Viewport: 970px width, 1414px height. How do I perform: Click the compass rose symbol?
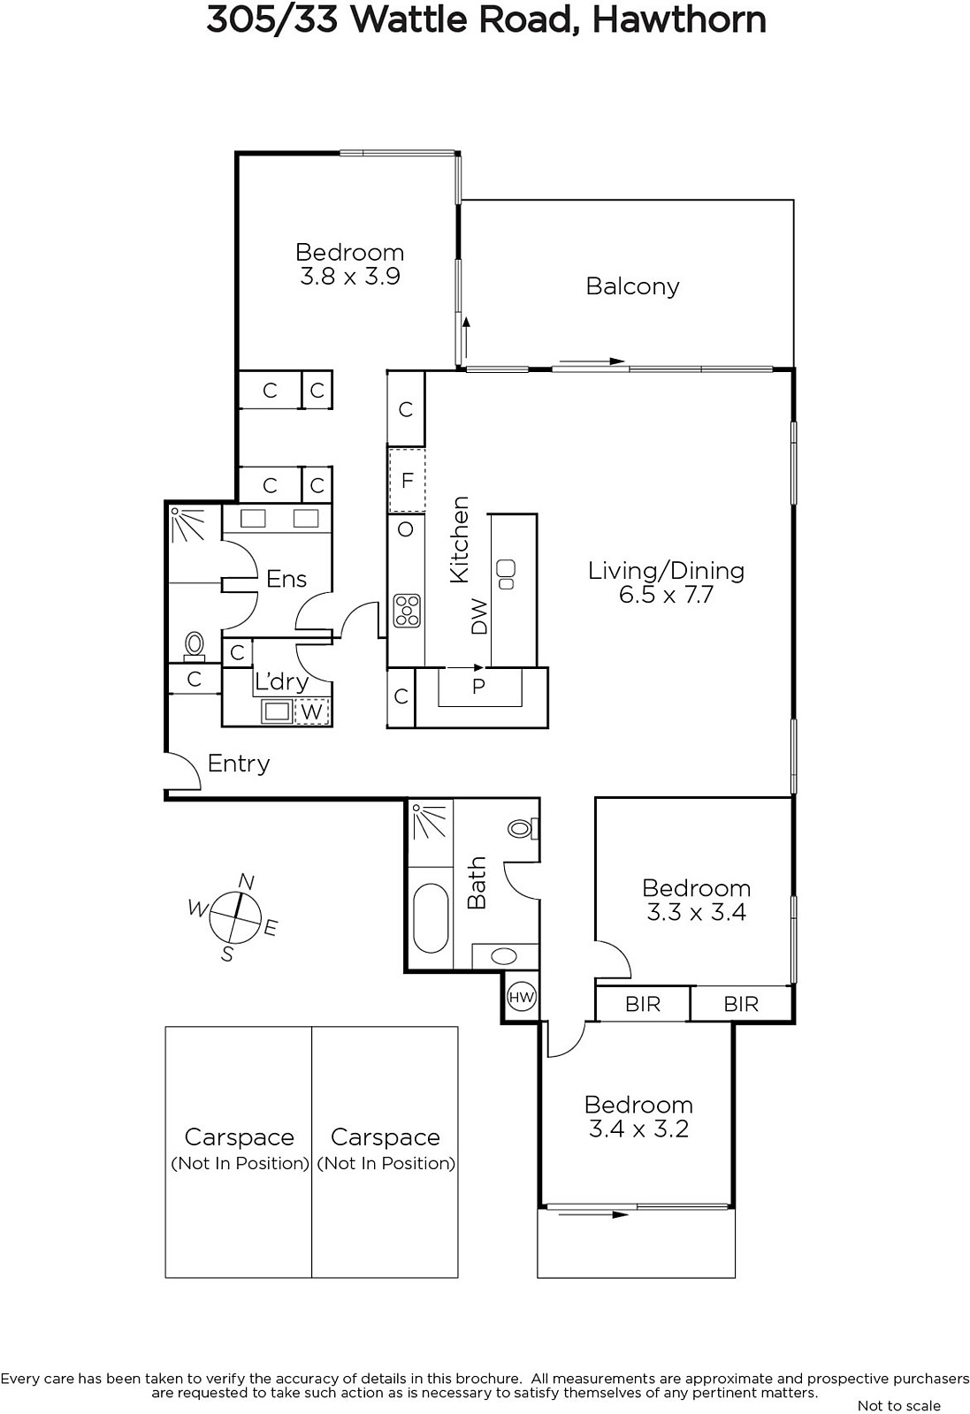point(234,918)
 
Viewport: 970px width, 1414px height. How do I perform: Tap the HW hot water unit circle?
point(522,998)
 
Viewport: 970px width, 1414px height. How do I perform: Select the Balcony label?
point(632,286)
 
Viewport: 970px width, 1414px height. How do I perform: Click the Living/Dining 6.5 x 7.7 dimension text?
point(666,595)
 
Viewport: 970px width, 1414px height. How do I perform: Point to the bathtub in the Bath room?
point(431,918)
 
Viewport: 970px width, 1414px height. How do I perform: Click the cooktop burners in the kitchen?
point(407,611)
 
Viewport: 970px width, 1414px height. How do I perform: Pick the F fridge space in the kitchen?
point(407,481)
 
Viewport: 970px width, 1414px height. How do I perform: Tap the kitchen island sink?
point(507,574)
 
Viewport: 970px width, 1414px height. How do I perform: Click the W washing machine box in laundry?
point(312,711)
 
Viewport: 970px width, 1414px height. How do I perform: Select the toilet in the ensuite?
point(194,646)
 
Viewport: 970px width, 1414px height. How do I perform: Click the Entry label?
point(239,764)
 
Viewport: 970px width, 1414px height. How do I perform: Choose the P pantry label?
point(478,686)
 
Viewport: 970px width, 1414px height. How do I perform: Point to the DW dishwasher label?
point(480,616)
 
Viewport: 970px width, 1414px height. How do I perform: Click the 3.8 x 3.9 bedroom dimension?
point(350,277)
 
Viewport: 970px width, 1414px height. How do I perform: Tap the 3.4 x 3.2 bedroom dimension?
point(638,1129)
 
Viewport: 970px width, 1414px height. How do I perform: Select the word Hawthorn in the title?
point(679,20)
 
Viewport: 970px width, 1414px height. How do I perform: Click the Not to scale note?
point(898,1405)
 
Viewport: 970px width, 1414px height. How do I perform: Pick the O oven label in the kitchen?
point(406,529)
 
